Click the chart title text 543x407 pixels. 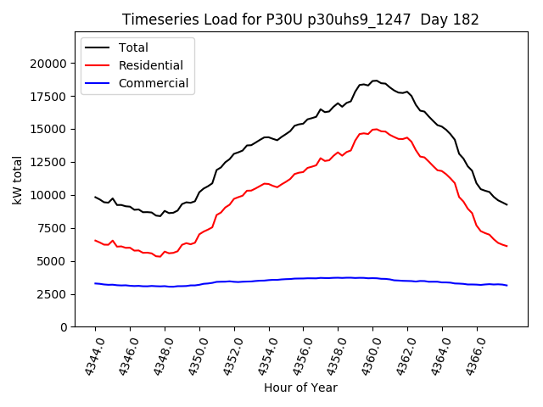[x=300, y=20]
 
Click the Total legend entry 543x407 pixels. [x=133, y=47]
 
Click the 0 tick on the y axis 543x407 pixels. [x=63, y=327]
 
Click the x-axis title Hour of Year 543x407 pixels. [x=300, y=387]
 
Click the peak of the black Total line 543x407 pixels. [x=374, y=81]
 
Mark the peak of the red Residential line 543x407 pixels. [x=374, y=130]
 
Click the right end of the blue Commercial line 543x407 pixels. [x=507, y=286]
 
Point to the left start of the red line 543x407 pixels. [x=95, y=240]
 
